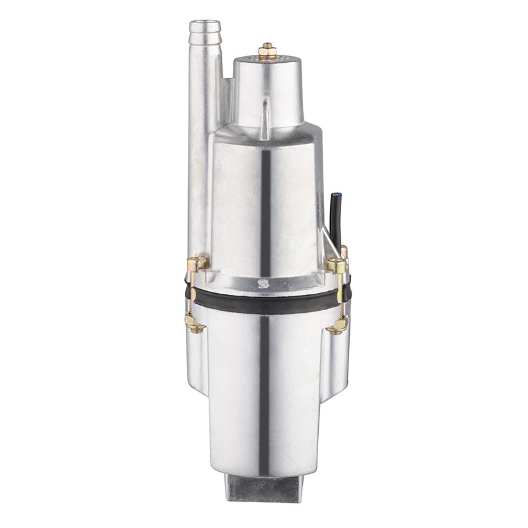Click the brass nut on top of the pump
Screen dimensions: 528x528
coord(267,51)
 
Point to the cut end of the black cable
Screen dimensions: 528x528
coord(337,195)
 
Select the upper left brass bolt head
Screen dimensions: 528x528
coord(197,263)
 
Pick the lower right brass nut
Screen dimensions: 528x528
coord(339,324)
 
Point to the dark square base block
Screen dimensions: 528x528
coord(263,488)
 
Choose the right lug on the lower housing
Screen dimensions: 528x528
coord(337,360)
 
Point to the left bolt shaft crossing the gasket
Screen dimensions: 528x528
coord(191,294)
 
